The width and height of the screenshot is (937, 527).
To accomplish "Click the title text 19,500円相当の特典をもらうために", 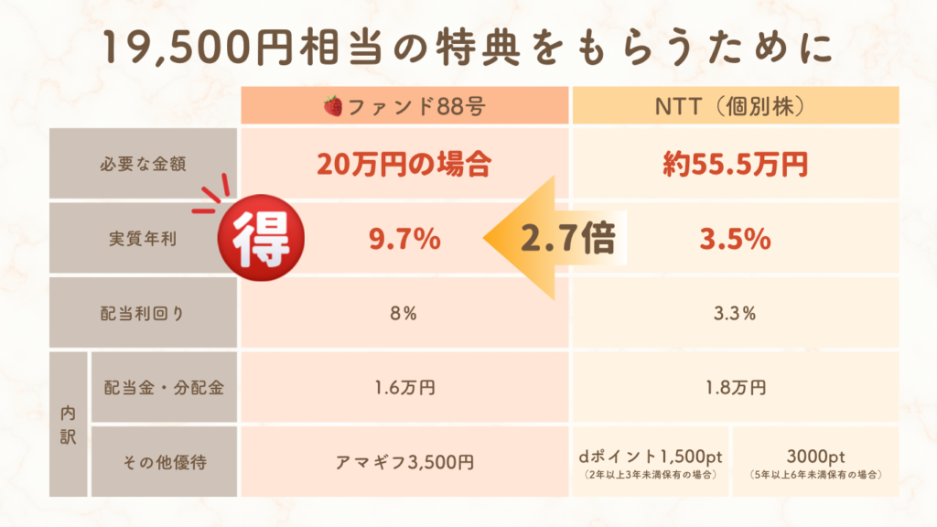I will point(468,48).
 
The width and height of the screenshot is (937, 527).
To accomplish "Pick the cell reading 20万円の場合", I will point(404,165).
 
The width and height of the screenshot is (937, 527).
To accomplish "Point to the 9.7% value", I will point(404,240).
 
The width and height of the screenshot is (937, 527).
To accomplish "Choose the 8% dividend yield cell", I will point(404,314).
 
